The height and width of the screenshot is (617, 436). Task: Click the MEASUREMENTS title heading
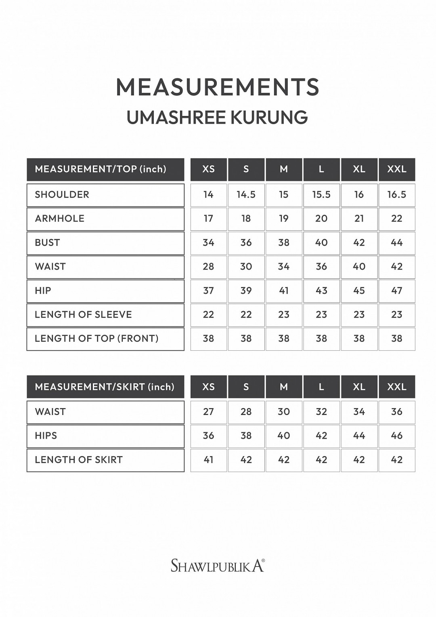(x=218, y=87)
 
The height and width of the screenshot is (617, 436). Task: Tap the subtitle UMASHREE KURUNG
(x=218, y=118)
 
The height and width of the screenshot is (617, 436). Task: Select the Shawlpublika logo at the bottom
(x=218, y=565)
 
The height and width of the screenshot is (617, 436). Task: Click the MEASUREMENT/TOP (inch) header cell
(x=105, y=169)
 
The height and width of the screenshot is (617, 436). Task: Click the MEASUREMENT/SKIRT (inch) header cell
(x=105, y=387)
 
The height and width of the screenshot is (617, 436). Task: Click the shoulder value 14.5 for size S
(x=246, y=195)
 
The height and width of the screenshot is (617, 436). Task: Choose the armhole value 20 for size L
(x=321, y=219)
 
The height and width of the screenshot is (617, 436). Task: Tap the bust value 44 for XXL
(x=396, y=243)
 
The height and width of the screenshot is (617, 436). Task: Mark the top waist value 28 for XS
(x=208, y=267)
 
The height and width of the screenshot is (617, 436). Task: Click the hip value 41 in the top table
(x=284, y=291)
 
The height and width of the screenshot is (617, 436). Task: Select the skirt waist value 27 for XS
(x=208, y=412)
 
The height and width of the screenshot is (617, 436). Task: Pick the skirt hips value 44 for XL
(x=359, y=436)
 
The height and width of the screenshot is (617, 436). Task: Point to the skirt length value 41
(x=208, y=460)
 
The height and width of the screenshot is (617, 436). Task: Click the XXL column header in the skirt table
(x=396, y=387)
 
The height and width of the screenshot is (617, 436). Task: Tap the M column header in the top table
(x=284, y=169)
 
